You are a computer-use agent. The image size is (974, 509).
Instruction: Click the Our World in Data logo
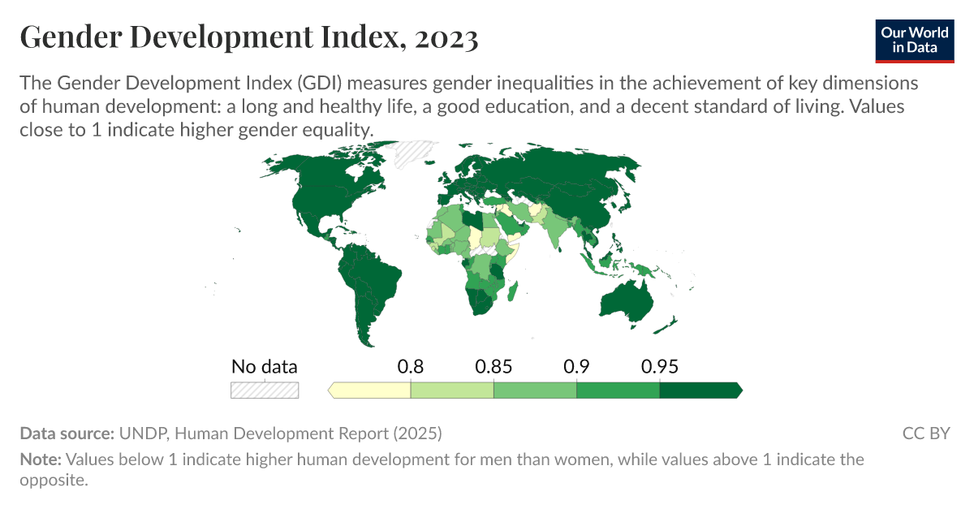point(915,38)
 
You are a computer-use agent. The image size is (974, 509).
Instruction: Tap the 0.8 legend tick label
point(411,366)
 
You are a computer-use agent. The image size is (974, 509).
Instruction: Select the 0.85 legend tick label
point(493,366)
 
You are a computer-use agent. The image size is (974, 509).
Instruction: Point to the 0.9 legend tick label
point(576,366)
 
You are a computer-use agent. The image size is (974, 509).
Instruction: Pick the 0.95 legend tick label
point(659,366)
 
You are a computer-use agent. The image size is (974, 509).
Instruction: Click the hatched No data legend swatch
point(265,390)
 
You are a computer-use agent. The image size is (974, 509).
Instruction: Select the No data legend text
point(265,366)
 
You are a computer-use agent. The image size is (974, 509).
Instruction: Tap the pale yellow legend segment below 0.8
point(371,390)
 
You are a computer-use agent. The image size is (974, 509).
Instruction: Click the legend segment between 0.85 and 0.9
point(535,390)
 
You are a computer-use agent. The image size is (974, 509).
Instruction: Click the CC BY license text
point(925,434)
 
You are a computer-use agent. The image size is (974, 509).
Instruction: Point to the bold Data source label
point(67,434)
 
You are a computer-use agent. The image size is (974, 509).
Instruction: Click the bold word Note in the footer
point(40,459)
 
